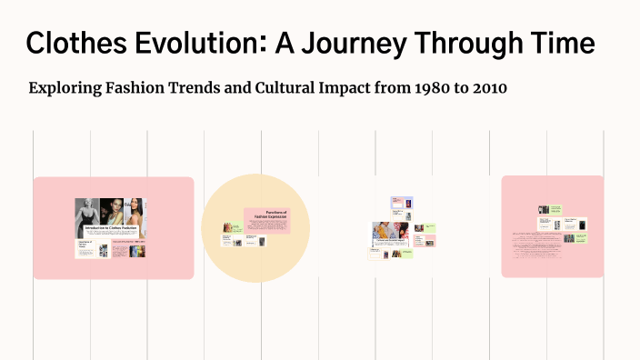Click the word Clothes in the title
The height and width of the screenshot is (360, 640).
(x=75, y=43)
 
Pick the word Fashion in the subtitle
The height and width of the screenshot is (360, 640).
(x=143, y=88)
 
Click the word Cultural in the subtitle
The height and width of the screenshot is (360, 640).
(x=297, y=88)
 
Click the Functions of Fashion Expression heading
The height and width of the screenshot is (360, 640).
(x=269, y=215)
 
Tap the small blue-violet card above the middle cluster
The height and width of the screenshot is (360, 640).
(x=402, y=203)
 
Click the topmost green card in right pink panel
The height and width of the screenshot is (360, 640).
(x=555, y=208)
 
